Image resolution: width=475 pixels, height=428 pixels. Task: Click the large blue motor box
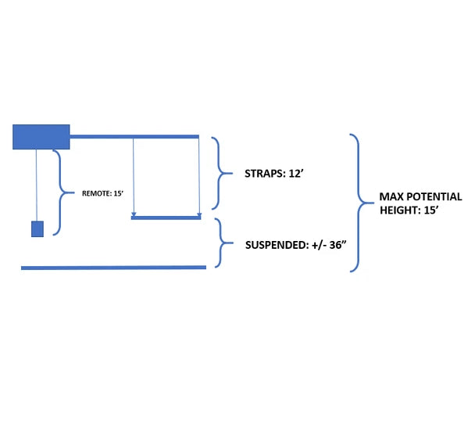[x=41, y=136]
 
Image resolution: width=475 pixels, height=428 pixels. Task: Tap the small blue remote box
[x=37, y=228]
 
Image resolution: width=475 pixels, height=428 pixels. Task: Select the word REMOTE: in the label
[x=97, y=192]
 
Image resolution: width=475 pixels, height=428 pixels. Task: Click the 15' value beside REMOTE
[x=120, y=192]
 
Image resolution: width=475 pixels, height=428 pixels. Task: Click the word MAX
[x=393, y=196]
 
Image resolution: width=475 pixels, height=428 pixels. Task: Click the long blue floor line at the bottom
[x=114, y=268]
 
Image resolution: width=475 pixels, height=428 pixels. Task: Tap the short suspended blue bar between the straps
[x=166, y=218]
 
